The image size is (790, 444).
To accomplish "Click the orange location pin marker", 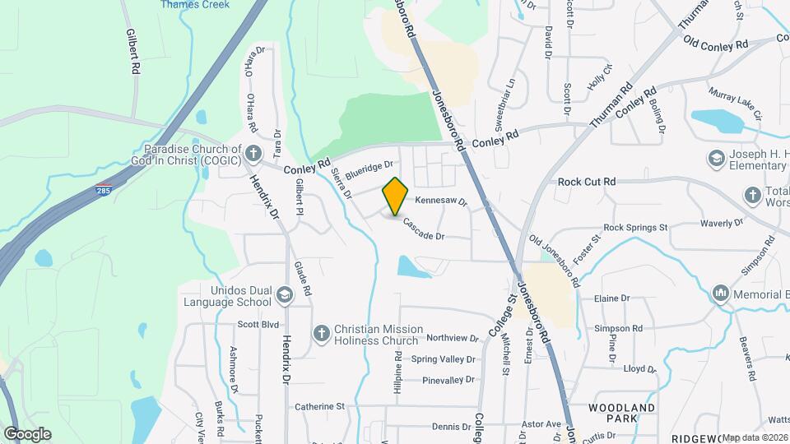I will pyautogui.click(x=396, y=197).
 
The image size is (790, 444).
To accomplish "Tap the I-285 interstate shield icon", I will pyautogui.click(x=103, y=188).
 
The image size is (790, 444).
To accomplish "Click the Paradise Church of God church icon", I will pyautogui.click(x=253, y=152).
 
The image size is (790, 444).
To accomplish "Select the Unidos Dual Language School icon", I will pyautogui.click(x=284, y=294).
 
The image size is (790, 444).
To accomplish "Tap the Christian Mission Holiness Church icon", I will pyautogui.click(x=323, y=332).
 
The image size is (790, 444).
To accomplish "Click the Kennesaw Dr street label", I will pyautogui.click(x=440, y=201).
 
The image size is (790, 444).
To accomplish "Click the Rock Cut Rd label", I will pyautogui.click(x=587, y=182).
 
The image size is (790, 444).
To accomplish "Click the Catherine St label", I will pyautogui.click(x=319, y=407).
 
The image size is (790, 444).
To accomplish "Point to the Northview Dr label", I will pyautogui.click(x=452, y=338).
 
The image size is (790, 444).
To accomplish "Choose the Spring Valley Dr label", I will pyautogui.click(x=443, y=359).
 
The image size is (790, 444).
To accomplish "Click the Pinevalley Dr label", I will pyautogui.click(x=448, y=380).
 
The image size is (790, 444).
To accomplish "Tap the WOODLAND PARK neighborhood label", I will pyautogui.click(x=622, y=413).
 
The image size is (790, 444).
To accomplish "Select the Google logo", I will pyautogui.click(x=27, y=434).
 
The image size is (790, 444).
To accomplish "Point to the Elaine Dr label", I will pyautogui.click(x=611, y=298).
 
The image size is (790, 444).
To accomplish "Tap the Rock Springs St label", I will pyautogui.click(x=634, y=227).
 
